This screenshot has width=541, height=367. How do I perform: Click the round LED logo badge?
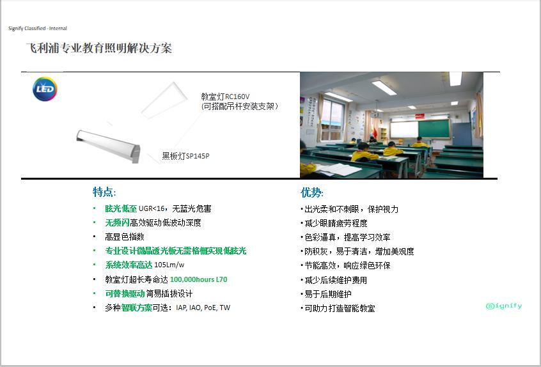click(45, 89)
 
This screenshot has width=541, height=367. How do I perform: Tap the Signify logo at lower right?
click(504, 306)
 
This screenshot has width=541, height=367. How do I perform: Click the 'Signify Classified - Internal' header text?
click(38, 28)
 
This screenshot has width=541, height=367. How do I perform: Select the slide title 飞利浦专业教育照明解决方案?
click(99, 48)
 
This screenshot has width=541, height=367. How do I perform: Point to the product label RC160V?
click(237, 97)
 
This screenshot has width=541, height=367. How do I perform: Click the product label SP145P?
click(198, 156)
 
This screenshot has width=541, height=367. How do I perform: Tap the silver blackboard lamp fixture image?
click(108, 146)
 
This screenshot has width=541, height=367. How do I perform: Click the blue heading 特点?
click(104, 192)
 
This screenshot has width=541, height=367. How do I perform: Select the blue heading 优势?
click(312, 192)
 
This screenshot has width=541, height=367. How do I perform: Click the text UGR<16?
click(152, 208)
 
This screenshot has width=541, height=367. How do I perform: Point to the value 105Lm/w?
click(169, 265)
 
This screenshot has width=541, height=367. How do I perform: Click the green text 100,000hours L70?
click(199, 279)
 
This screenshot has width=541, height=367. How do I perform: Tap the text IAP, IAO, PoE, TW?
click(203, 308)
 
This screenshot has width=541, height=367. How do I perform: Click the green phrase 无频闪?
click(117, 223)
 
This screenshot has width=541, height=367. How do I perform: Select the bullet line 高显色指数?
click(125, 237)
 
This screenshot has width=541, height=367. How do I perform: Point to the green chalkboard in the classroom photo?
click(434, 129)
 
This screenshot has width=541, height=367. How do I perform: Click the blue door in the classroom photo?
click(462, 134)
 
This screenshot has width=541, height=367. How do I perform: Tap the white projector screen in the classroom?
click(404, 129)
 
